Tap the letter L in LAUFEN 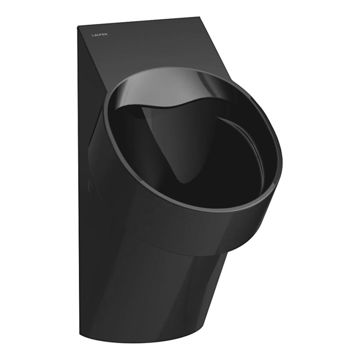(92, 35)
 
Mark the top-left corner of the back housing (78, 27)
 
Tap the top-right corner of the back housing (199, 17)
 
